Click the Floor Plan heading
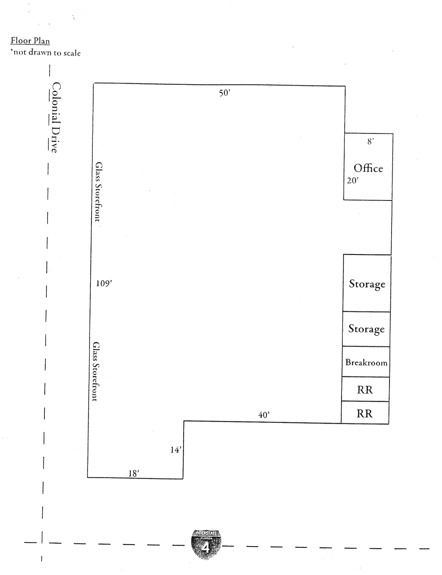click(30, 41)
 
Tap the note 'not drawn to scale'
click(46, 52)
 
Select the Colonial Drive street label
click(56, 118)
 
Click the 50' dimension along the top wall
click(225, 93)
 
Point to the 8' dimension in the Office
click(370, 141)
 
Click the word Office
click(368, 168)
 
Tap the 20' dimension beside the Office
click(353, 181)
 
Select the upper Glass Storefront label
click(98, 192)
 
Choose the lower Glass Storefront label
click(96, 372)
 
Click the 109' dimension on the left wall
click(104, 283)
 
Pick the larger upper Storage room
click(367, 283)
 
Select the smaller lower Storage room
click(366, 329)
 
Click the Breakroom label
click(366, 362)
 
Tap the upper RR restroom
click(365, 389)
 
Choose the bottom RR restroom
click(365, 413)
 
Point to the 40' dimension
click(264, 415)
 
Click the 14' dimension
click(176, 450)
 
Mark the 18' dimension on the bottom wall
click(134, 473)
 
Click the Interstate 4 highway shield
click(206, 545)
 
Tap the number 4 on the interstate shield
click(206, 548)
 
